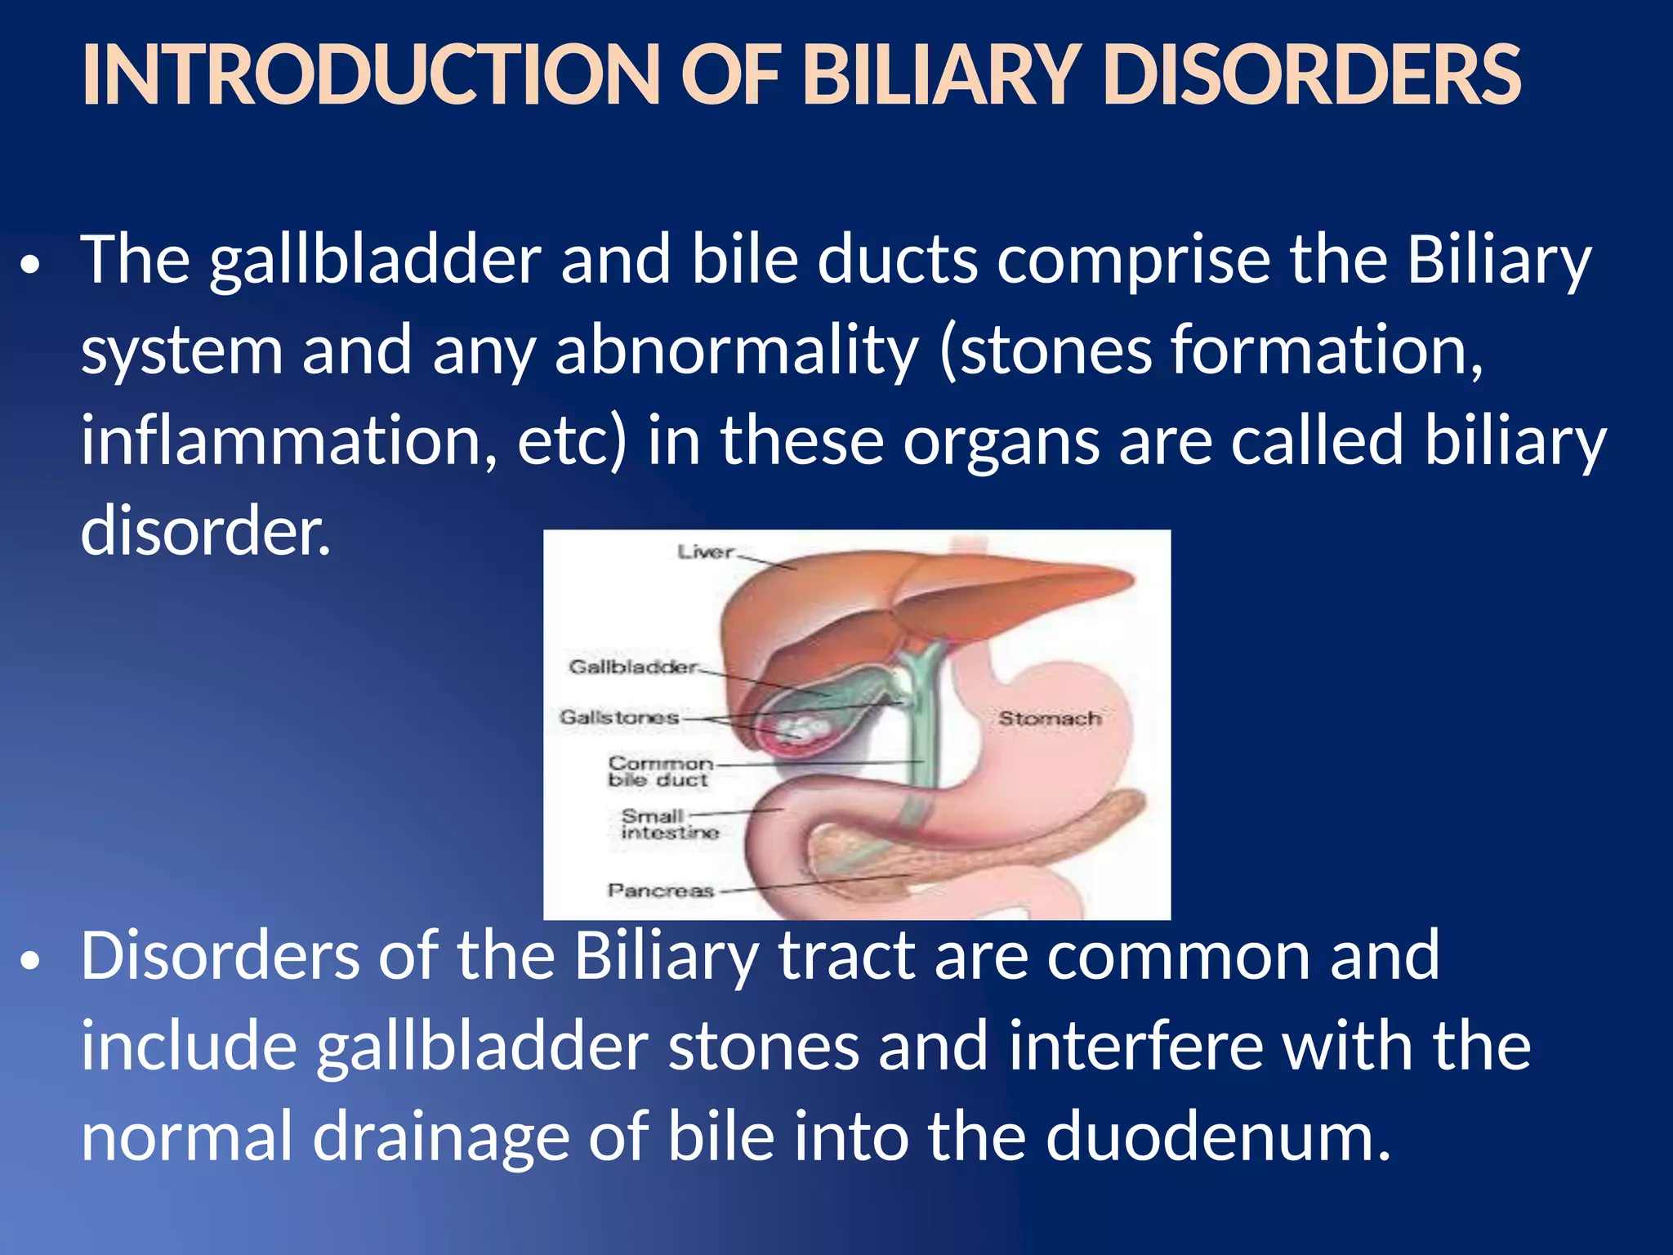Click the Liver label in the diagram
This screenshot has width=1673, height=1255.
[705, 552]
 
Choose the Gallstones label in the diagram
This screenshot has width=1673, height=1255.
[619, 717]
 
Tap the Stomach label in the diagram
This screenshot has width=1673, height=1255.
[1049, 718]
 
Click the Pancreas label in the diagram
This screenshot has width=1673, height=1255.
[660, 890]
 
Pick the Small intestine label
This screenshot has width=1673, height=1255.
[668, 824]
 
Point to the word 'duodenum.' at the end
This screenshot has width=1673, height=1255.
[1218, 1137]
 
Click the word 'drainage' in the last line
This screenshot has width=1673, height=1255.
[440, 1137]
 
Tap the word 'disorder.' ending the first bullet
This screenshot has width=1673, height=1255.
[206, 530]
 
